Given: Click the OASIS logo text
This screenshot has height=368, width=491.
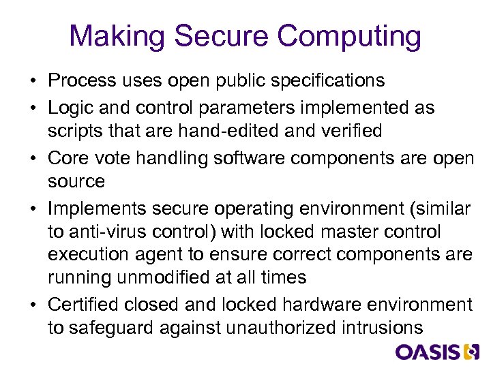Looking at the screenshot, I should tap(428, 352).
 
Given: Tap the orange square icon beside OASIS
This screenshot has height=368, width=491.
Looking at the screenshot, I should tap(471, 352).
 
